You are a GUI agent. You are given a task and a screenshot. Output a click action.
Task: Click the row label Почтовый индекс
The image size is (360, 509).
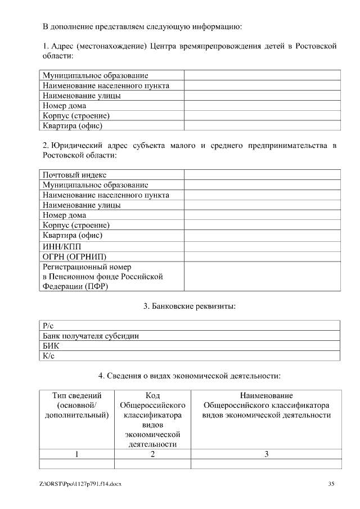pyautogui.click(x=75, y=175)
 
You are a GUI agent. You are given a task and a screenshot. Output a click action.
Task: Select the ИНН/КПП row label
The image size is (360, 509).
pyautogui.click(x=65, y=246)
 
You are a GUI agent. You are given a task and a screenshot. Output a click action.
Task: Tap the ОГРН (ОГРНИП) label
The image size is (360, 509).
pyautogui.click(x=74, y=256)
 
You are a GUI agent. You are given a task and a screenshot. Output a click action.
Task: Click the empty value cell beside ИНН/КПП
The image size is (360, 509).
pyautogui.click(x=262, y=246)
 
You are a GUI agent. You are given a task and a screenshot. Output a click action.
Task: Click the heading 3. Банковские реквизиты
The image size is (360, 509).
pyautogui.click(x=189, y=306)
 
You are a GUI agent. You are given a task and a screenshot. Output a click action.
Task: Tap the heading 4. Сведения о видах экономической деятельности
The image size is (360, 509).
pyautogui.click(x=189, y=375)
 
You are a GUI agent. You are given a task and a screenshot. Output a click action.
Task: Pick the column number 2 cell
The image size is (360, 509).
pyautogui.click(x=152, y=454)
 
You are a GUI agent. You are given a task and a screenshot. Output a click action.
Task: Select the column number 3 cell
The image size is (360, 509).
pyautogui.click(x=266, y=454)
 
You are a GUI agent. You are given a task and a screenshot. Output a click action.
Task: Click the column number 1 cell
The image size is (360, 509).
pyautogui.click(x=76, y=454)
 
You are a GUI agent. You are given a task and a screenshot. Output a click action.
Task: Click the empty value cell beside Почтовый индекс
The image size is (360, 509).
pyautogui.click(x=262, y=175)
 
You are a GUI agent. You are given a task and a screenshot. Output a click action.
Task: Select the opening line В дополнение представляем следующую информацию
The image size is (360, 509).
pyautogui.click(x=142, y=26)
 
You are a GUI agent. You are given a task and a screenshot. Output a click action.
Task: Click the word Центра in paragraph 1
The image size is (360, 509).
pyautogui.click(x=165, y=46)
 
